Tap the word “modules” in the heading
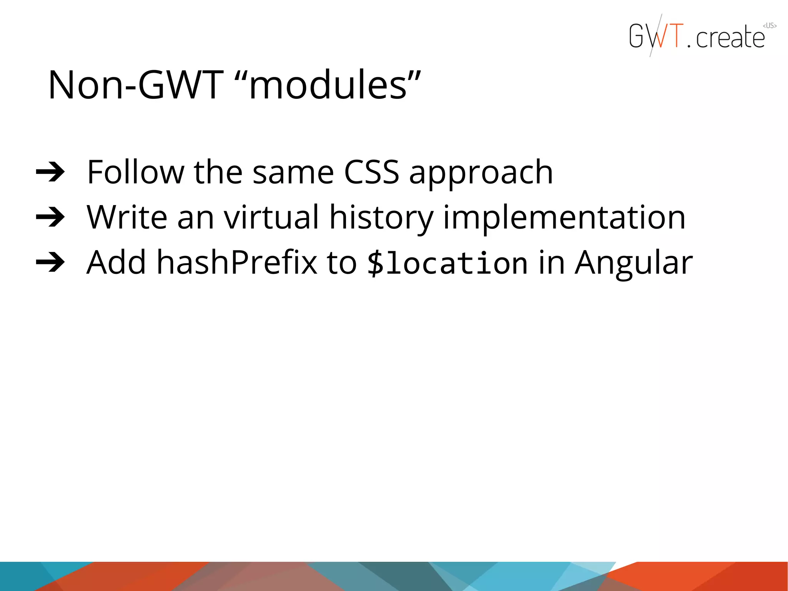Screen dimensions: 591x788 point(327,85)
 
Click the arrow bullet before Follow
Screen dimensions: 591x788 point(50,172)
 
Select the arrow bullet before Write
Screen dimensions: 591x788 point(50,217)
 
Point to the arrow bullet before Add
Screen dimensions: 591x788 point(50,263)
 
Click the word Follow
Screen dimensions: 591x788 point(136,172)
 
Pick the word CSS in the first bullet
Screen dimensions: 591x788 point(371,172)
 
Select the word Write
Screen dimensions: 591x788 point(127,217)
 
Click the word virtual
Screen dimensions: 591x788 point(272,217)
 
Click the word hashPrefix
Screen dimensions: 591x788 point(237,263)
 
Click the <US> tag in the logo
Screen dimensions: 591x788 point(770,26)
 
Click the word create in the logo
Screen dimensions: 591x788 point(730,38)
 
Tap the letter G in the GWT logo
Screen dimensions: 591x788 point(637,36)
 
